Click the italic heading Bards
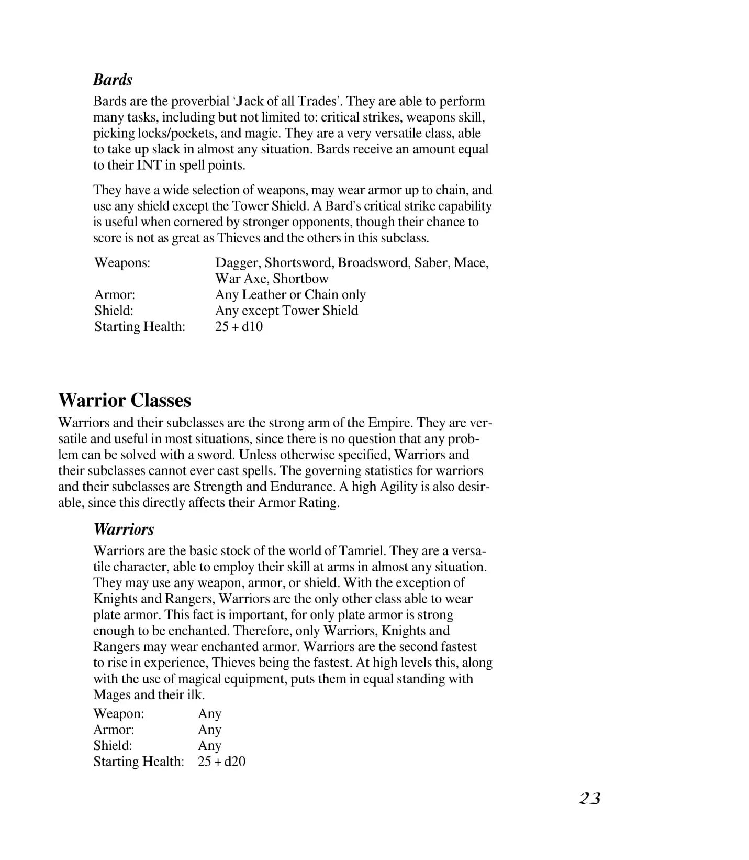coord(113,80)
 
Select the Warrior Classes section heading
coord(125,400)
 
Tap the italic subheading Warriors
coord(124,529)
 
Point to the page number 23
coord(589,798)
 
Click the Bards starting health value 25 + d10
coord(239,326)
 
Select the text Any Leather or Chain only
coord(290,294)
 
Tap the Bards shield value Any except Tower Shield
coord(286,310)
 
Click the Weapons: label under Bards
coord(122,262)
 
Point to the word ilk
coord(195,694)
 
